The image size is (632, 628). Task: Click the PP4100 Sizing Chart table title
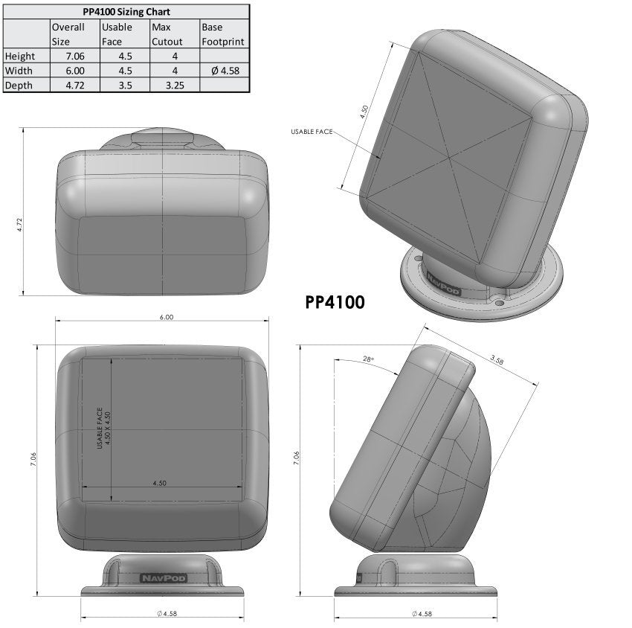point(125,12)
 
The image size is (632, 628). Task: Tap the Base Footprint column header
point(223,34)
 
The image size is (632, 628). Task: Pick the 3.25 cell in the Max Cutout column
point(173,85)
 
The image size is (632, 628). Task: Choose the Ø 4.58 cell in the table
point(223,71)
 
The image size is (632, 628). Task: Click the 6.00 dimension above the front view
point(166,317)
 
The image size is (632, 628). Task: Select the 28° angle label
point(367,359)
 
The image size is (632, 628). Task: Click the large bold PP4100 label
point(335,303)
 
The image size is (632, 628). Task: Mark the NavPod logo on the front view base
point(164,577)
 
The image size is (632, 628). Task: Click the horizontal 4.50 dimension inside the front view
point(159,483)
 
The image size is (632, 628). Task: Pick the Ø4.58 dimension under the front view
point(166,614)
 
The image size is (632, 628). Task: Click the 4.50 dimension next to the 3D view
point(364,112)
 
